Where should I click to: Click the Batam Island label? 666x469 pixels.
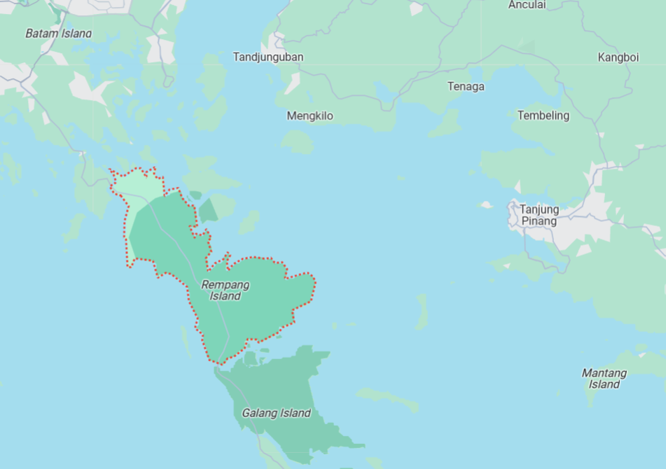click(59, 34)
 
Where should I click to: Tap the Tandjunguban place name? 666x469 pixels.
click(268, 57)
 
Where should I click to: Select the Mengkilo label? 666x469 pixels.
click(310, 115)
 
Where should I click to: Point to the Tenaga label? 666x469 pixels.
click(466, 86)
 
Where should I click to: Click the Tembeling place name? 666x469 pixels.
click(543, 115)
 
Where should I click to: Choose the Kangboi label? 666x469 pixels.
click(618, 57)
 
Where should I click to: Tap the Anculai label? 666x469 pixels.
click(527, 5)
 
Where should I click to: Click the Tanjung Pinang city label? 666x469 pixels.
click(539, 215)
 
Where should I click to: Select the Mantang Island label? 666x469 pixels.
click(604, 378)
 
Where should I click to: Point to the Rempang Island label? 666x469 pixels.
click(225, 290)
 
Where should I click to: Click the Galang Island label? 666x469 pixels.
click(276, 413)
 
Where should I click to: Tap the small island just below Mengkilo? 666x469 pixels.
click(298, 142)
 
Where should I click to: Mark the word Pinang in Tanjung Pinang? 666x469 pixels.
click(539, 221)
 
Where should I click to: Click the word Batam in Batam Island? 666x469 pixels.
click(41, 34)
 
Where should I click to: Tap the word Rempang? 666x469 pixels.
click(225, 284)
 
